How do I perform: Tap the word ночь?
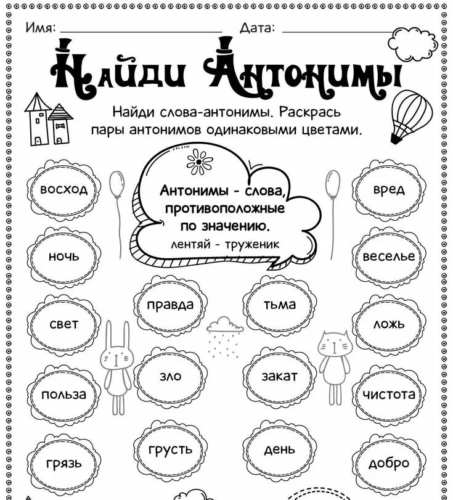click(63, 257)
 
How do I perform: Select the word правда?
click(169, 305)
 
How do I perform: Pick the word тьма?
click(280, 305)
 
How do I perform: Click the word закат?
click(280, 375)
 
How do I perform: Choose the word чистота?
click(389, 395)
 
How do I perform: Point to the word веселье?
click(389, 256)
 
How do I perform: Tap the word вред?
click(389, 189)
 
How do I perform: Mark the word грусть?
click(170, 449)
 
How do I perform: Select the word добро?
click(389, 464)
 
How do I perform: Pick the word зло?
click(170, 375)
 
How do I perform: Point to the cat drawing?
click(333, 364)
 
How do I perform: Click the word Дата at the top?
click(258, 27)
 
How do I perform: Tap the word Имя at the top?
click(41, 27)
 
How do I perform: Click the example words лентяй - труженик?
click(225, 244)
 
